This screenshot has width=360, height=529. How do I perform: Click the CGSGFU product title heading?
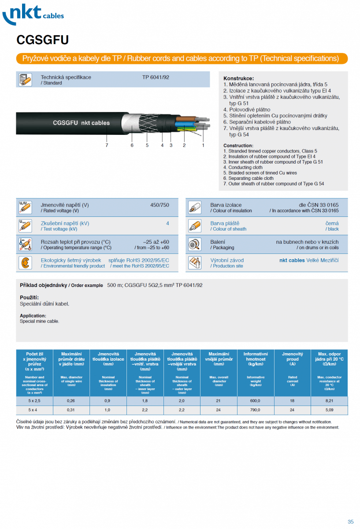point(42,40)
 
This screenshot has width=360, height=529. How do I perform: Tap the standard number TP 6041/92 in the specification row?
point(156,77)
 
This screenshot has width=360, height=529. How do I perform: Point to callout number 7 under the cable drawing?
point(107,145)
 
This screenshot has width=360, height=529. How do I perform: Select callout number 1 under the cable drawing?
point(203,145)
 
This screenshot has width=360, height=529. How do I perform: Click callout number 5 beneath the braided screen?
point(147,145)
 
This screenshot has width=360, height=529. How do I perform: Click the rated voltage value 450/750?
point(160,205)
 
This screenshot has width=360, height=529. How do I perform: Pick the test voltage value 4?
point(167,224)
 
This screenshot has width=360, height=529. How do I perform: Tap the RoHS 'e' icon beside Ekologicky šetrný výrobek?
point(25,263)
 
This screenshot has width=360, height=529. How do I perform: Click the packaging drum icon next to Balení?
point(195,244)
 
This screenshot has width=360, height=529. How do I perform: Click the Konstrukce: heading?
point(238,78)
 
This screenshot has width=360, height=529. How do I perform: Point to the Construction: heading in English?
point(238,145)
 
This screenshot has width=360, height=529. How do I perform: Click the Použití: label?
point(29,297)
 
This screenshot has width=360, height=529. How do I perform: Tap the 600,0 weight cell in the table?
point(256,401)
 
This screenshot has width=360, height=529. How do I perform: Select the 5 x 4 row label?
point(34,410)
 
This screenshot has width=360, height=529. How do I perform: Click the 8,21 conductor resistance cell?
point(329,401)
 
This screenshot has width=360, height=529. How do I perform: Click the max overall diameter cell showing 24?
point(219,410)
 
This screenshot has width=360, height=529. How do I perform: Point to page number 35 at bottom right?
point(350,522)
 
